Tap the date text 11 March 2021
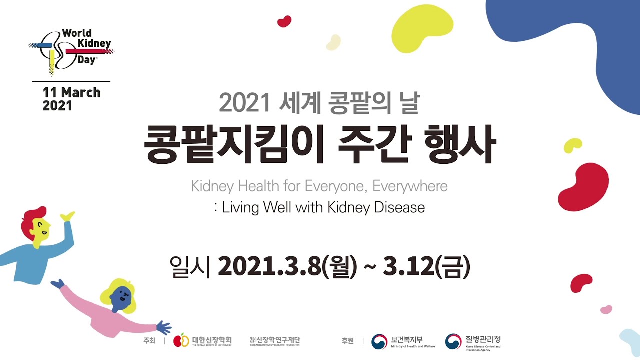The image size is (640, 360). point(71,99)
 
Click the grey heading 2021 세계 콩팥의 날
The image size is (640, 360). point(320,103)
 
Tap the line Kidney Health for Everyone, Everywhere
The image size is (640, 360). point(319,186)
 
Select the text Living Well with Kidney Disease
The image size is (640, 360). point(323,207)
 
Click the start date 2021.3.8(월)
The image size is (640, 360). point(287,267)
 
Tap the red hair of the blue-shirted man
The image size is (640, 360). point(32,219)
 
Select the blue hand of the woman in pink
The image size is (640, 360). point(163,328)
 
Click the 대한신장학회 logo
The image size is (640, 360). point(202,340)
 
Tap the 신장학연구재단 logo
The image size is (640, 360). point(275,341)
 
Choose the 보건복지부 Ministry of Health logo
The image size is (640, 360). point(403,341)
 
